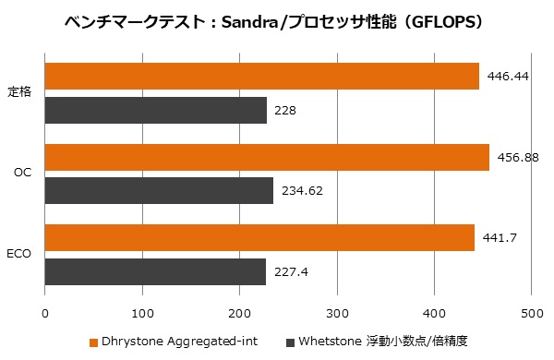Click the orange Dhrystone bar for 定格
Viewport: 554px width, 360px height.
click(262, 76)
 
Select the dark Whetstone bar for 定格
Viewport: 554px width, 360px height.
click(156, 110)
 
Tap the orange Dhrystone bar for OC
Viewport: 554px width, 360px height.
click(267, 157)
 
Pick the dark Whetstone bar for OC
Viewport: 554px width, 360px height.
click(159, 190)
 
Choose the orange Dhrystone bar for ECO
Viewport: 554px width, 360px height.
click(259, 238)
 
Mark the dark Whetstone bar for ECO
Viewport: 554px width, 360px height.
click(155, 271)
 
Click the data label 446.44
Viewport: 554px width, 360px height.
click(508, 77)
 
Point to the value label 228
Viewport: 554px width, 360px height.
click(285, 111)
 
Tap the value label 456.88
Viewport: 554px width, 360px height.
click(518, 157)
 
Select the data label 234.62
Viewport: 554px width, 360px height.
click(302, 191)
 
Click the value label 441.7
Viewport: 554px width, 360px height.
click(500, 238)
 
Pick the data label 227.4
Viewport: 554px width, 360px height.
click(291, 272)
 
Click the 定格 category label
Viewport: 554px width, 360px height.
click(19, 92)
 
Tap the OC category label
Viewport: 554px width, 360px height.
click(23, 173)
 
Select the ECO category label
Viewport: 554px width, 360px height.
click(19, 254)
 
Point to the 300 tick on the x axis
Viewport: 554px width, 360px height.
click(337, 314)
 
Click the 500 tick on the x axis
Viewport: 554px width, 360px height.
click(532, 314)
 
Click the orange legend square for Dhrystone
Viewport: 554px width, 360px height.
click(93, 342)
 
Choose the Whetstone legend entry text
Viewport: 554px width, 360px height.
click(383, 342)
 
